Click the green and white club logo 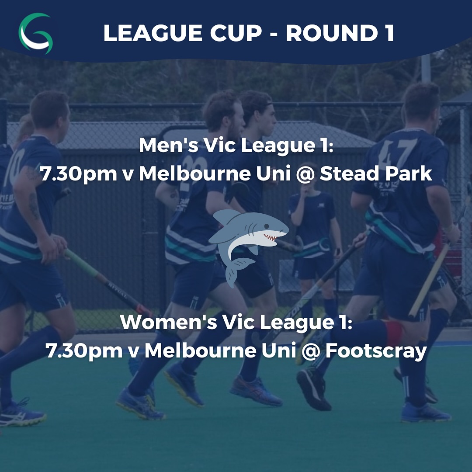point(35,33)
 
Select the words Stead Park point(376,174)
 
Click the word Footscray point(376,351)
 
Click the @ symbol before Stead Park point(305,174)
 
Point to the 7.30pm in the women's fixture point(84,351)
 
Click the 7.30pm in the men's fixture point(79,174)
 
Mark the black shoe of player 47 point(313,389)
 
